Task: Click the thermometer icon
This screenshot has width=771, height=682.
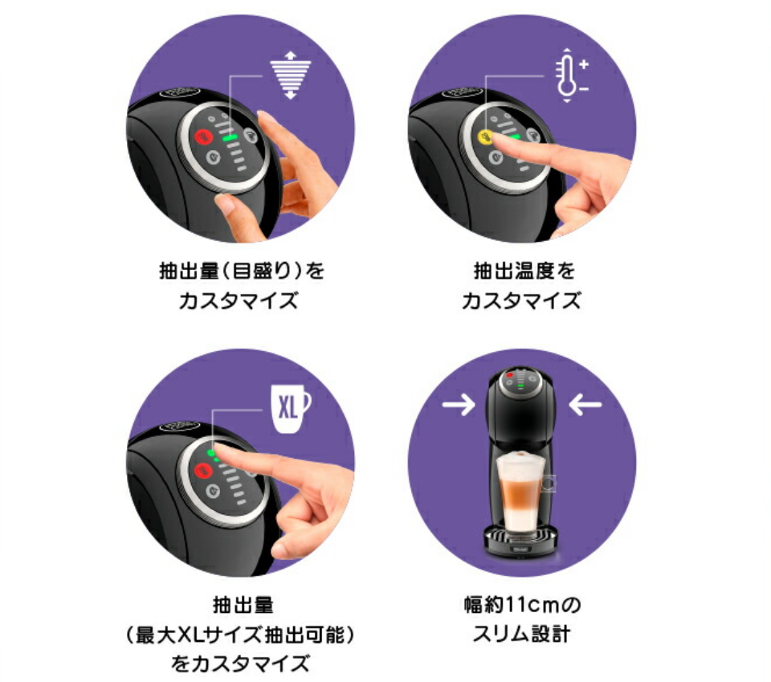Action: click(567, 76)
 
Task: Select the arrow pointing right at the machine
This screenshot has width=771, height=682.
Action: click(459, 405)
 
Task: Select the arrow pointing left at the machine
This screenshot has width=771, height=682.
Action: click(585, 405)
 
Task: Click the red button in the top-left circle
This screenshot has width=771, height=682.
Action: click(203, 137)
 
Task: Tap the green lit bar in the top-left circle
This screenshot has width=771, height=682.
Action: click(230, 138)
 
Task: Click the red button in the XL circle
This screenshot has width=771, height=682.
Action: click(203, 471)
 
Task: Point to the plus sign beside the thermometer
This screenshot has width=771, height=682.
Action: click(584, 64)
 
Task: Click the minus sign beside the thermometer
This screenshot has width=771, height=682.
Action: click(584, 89)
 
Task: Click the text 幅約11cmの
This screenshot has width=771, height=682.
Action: click(522, 604)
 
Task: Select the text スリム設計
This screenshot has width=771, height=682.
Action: click(521, 634)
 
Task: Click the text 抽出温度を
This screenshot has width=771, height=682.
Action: click(524, 271)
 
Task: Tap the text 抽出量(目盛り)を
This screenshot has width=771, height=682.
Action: click(242, 271)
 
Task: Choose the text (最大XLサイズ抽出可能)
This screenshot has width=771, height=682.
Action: click(240, 635)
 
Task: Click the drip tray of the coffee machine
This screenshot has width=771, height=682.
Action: click(522, 540)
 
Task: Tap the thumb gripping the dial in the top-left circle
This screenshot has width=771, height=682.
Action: click(236, 216)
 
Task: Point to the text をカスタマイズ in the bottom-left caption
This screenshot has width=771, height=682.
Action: click(240, 664)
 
